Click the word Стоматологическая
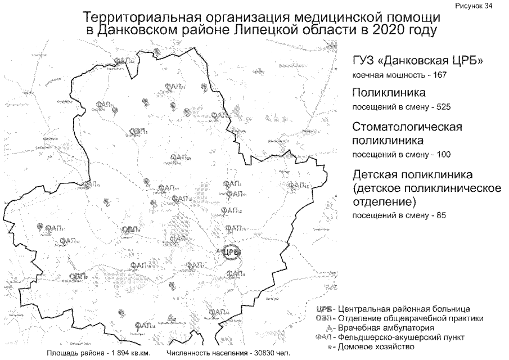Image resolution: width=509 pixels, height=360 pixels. (x=407, y=127)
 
